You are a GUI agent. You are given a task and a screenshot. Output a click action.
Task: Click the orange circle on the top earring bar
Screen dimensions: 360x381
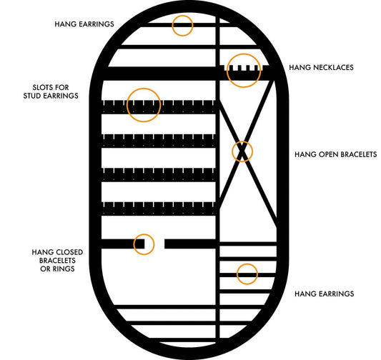point(183,25)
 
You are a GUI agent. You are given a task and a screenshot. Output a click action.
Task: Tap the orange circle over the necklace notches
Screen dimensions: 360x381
point(243,69)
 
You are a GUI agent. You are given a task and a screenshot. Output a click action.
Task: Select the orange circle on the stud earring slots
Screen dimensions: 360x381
point(142,104)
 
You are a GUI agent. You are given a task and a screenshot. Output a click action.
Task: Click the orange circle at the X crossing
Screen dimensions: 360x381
point(242,151)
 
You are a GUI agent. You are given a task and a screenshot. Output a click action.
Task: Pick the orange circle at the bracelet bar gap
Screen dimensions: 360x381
point(144,244)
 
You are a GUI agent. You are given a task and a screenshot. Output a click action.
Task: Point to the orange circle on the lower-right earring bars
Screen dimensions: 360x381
point(247,273)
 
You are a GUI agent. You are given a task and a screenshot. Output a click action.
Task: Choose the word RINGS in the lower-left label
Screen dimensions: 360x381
point(65,269)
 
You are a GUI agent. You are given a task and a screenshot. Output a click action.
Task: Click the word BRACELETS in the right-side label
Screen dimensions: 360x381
point(358,154)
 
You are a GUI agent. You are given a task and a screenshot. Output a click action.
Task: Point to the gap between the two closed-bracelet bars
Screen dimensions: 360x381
point(159,244)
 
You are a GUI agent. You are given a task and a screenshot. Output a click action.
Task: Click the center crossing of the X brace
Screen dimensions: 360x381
point(242,151)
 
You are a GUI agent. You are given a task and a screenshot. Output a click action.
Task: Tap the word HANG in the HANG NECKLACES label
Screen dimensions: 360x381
point(299,68)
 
